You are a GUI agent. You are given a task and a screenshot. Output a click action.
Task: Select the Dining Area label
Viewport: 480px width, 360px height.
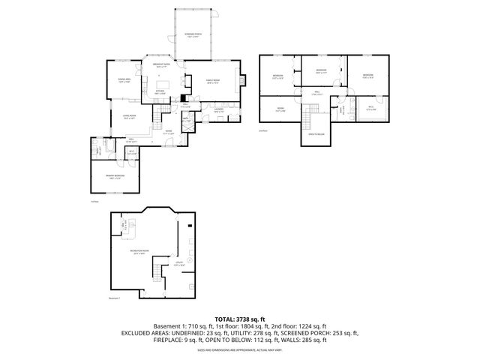(x=124, y=81)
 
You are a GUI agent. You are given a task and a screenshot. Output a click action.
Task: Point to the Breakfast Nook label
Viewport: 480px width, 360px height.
(x=162, y=66)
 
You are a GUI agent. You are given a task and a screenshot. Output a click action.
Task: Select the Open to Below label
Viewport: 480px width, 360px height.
(x=316, y=134)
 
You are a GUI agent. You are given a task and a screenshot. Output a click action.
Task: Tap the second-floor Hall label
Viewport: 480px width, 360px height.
(x=317, y=92)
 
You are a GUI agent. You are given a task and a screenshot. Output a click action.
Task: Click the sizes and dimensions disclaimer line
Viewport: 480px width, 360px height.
(x=240, y=349)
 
